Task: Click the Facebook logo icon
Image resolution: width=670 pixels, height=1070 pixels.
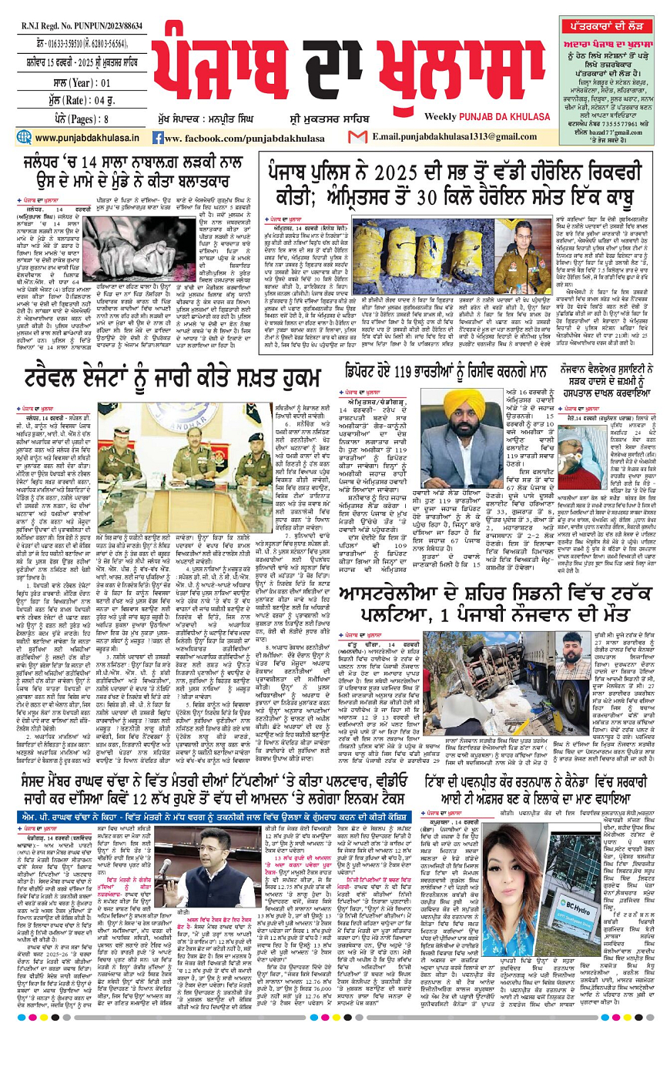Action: coord(157,138)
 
